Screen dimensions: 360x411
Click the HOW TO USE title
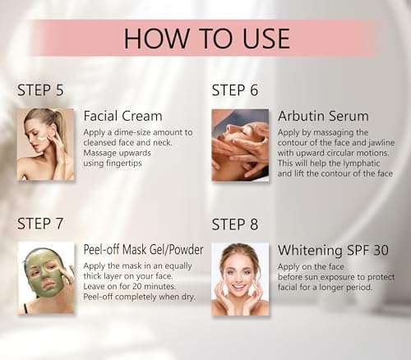click(x=205, y=38)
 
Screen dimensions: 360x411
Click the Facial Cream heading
click(x=122, y=116)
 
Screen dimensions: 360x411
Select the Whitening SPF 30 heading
click(x=335, y=250)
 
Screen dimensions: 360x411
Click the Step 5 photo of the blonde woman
click(x=46, y=145)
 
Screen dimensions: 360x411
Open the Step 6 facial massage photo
click(x=240, y=145)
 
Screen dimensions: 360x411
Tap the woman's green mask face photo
click(x=46, y=279)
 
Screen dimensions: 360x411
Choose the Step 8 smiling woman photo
click(x=240, y=279)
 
